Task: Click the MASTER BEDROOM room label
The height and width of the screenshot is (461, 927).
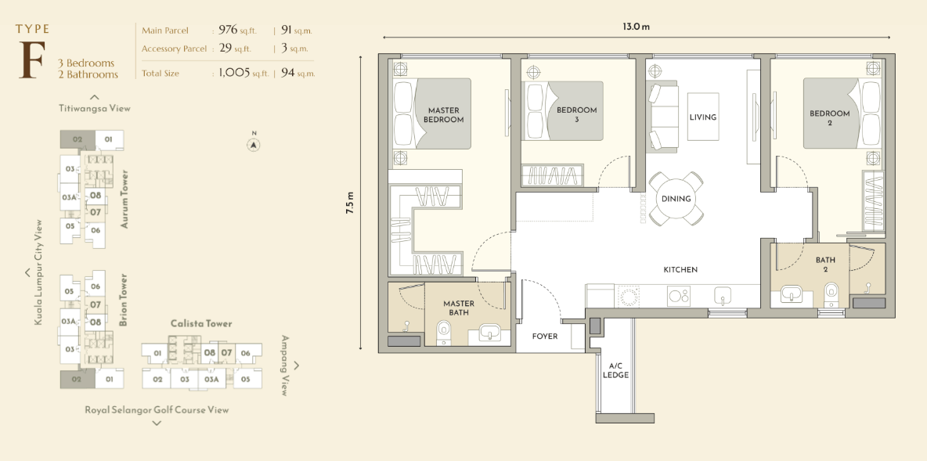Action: pos(443,114)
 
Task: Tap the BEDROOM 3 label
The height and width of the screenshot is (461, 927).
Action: pos(576,114)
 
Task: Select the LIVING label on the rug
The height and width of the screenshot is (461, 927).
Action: pos(703,117)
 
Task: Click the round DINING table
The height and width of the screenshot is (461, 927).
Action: pos(676,199)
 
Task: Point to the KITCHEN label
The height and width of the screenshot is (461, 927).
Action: pos(680,269)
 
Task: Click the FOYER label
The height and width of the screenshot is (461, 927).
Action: pos(544,337)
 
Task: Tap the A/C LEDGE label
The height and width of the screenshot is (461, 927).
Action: pos(615,370)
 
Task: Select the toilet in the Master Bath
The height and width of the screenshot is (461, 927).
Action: pos(443,333)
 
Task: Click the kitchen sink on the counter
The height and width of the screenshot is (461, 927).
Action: pos(723,295)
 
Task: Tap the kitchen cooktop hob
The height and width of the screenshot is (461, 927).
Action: pos(679,296)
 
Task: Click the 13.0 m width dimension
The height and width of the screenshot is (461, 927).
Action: pos(636,27)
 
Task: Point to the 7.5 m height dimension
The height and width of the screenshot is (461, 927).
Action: pos(350,202)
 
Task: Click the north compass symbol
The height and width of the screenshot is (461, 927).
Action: pos(254,144)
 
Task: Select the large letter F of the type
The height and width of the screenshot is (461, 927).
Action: pos(33,59)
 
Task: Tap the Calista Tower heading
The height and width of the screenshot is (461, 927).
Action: pos(201,323)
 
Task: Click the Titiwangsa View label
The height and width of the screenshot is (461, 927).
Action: pos(95,108)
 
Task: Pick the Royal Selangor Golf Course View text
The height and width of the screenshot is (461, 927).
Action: pos(157,409)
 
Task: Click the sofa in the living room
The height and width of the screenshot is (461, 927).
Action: pos(662,117)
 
